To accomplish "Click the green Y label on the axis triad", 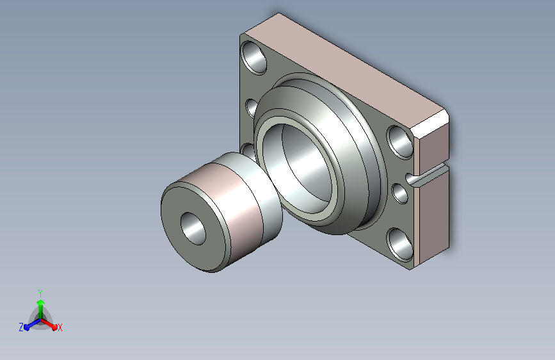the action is point(40,293).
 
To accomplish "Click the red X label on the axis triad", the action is point(60,327).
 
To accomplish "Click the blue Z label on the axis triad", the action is point(21,327).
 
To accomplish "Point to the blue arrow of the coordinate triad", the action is point(32,324).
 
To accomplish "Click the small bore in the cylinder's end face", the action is point(193,229).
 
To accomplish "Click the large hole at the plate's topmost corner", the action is point(253,58).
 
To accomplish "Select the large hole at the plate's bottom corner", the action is point(400,245).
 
